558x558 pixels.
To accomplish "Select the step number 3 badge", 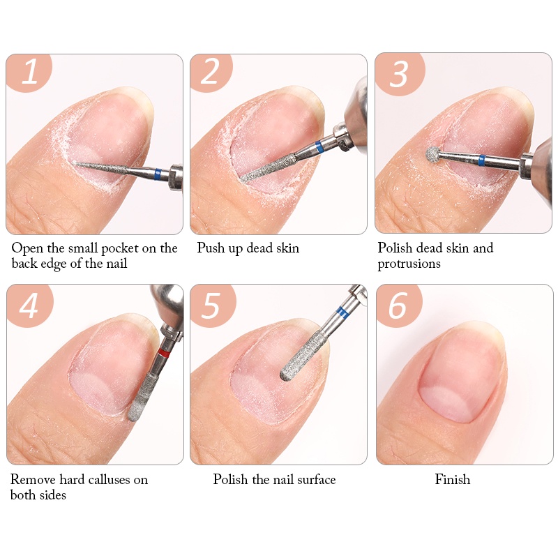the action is click(x=399, y=73).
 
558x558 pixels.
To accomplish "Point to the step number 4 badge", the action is click(x=29, y=305).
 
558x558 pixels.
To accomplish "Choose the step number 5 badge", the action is click(x=212, y=305).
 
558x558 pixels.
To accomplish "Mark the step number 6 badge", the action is click(x=398, y=305).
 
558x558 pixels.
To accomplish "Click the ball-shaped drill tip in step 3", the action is click(x=433, y=155).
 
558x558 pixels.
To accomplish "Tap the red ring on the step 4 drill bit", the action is click(x=164, y=352).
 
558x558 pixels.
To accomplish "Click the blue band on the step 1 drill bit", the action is click(x=158, y=174).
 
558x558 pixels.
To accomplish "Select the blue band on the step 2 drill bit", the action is click(x=319, y=146).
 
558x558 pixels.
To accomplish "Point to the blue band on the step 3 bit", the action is click(x=482, y=161).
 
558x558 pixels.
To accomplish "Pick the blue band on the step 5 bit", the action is click(x=342, y=311).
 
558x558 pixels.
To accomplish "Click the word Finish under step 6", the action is click(x=452, y=480).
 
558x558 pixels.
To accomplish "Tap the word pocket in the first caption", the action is click(x=121, y=248).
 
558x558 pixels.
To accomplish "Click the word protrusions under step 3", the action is click(x=409, y=264).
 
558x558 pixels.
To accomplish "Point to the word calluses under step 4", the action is click(x=109, y=480).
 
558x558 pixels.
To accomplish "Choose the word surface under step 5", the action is click(x=317, y=480).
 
